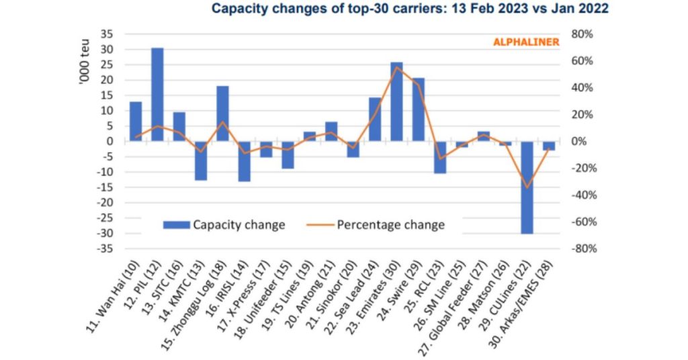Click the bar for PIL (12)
157,94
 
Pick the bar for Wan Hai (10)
136,122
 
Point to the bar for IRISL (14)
245,161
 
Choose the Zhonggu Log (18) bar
222,114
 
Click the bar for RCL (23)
440,157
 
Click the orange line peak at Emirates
397,67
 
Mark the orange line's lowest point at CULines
527,187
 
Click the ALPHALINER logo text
526,42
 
